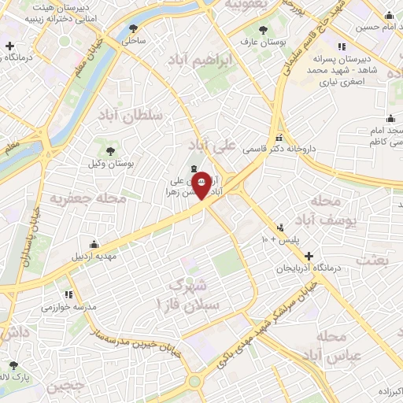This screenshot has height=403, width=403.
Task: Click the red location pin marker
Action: tap(201, 184)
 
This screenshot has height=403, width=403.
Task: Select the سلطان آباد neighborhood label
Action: tap(130, 116)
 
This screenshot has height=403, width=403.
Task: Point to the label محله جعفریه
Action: tap(87, 198)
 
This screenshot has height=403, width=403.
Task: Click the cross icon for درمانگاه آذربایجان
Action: tap(309, 256)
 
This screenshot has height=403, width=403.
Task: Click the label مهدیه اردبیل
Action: tap(94, 256)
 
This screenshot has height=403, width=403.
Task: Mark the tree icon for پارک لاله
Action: tap(13, 365)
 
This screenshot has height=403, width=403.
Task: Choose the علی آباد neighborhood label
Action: tap(218, 146)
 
